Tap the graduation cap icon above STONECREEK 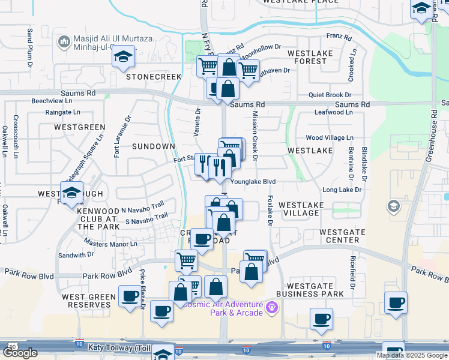coord(123,56)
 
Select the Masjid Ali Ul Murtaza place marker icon coord(63,41)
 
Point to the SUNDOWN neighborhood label coord(153,146)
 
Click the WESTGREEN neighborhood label coord(79,127)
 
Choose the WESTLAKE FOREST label coord(307,57)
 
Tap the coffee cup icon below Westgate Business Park coord(321,318)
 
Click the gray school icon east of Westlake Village coord(394,206)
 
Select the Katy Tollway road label coord(115,347)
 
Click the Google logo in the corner coord(20,353)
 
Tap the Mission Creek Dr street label coord(255,136)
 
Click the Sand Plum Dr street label coord(29,47)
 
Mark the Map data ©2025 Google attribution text coord(411,355)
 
